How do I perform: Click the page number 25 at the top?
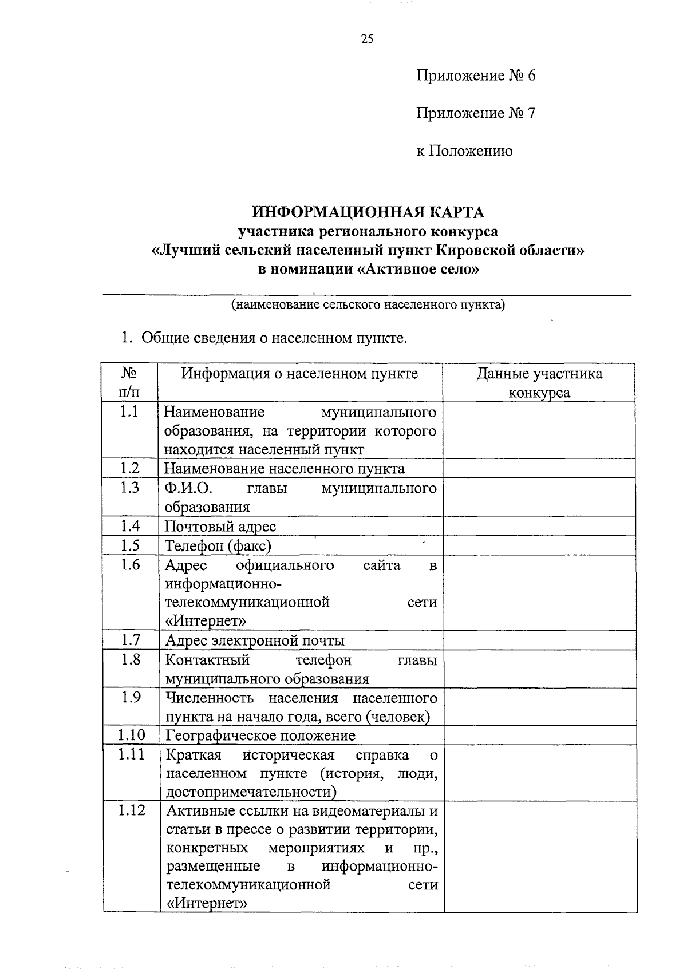pyautogui.click(x=367, y=39)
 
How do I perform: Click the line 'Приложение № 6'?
pyautogui.click(x=475, y=76)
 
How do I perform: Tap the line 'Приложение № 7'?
pyautogui.click(x=475, y=113)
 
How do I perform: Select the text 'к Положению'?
pyautogui.click(x=464, y=151)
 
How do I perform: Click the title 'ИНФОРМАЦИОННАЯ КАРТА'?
pyautogui.click(x=368, y=212)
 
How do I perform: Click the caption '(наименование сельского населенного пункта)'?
pyautogui.click(x=368, y=304)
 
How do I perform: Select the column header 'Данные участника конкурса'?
pyautogui.click(x=539, y=383)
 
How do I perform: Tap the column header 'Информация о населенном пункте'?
pyautogui.click(x=299, y=374)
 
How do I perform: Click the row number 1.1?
pyautogui.click(x=130, y=412)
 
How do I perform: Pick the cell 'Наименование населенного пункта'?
pyautogui.click(x=285, y=469)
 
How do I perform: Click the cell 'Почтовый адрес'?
pyautogui.click(x=220, y=526)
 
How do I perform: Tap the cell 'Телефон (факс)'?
pyautogui.click(x=218, y=545)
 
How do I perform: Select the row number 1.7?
pyautogui.click(x=131, y=640)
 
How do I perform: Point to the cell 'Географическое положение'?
pyautogui.click(x=260, y=735)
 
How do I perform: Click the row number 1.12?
pyautogui.click(x=131, y=811)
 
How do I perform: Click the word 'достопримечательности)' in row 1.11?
pyautogui.click(x=251, y=792)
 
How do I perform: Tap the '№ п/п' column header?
pyautogui.click(x=129, y=383)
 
